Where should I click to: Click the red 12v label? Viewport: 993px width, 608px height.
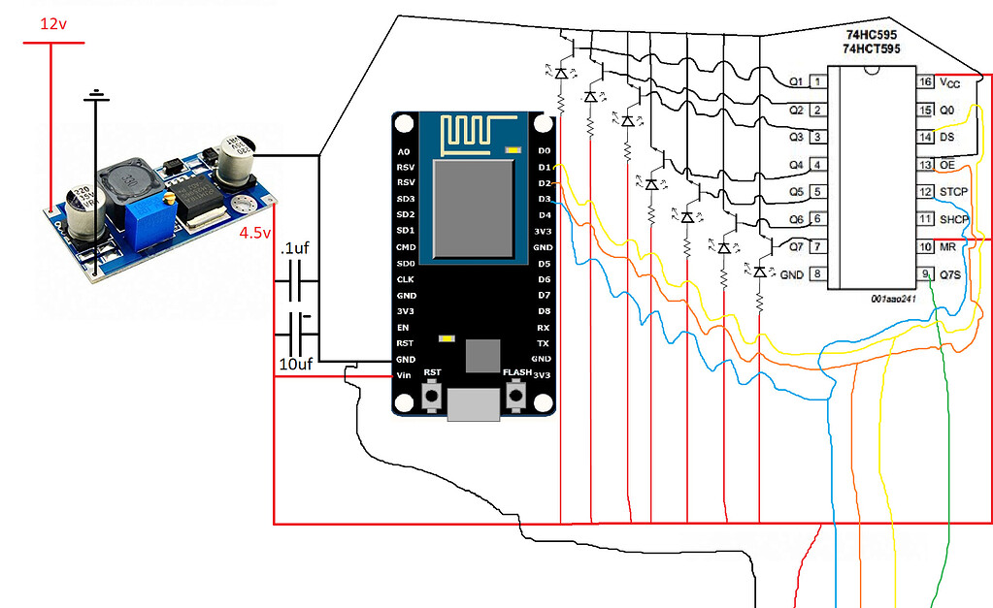53,23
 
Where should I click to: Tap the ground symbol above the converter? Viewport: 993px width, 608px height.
95,95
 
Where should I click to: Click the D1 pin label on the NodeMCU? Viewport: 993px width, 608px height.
544,168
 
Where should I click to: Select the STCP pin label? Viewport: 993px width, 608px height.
953,192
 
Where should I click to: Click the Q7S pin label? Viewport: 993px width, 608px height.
950,274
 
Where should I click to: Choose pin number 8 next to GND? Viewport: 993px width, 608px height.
819,274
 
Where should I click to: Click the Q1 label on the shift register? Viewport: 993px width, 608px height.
795,80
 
